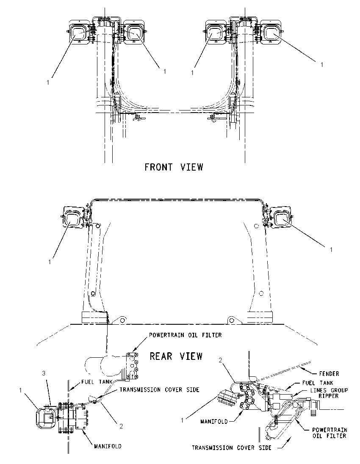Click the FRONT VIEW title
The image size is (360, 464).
pyautogui.click(x=174, y=167)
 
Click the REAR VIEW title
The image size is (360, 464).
pyautogui.click(x=176, y=356)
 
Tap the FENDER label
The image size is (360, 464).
pyautogui.click(x=329, y=374)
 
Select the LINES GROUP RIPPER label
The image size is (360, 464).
pyautogui.click(x=329, y=393)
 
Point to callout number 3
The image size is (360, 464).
pyautogui.click(x=44, y=373)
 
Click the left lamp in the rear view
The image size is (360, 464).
pyautogui.click(x=72, y=219)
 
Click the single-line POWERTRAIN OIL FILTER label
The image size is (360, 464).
pyautogui.click(x=186, y=335)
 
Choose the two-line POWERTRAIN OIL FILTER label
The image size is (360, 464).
pyautogui.click(x=330, y=432)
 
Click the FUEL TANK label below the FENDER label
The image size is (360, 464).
pyautogui.click(x=318, y=383)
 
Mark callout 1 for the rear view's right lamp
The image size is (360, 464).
pyautogui.click(x=331, y=250)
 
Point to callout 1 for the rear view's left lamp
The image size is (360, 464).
pyautogui.click(x=50, y=262)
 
